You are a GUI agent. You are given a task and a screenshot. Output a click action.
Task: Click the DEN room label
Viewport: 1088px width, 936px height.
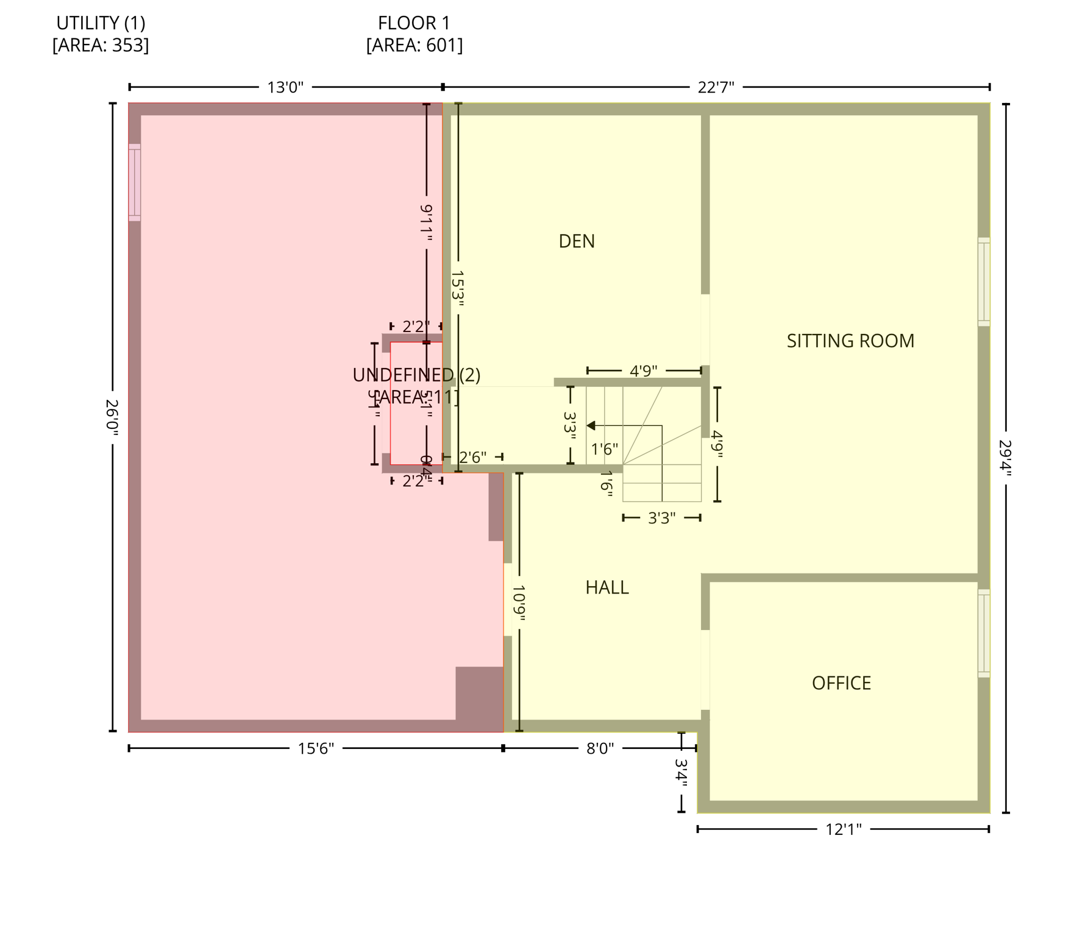tap(576, 241)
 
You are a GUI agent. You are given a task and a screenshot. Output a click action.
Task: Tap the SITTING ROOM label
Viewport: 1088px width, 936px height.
tap(850, 341)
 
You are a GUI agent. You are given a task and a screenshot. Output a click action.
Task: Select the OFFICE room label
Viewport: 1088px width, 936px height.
tap(841, 683)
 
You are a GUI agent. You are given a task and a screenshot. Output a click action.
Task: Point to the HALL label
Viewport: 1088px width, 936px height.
tap(606, 587)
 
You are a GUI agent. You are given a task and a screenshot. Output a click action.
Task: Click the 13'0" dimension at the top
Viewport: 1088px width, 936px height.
tap(285, 88)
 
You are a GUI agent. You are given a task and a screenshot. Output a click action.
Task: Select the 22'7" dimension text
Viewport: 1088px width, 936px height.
tap(716, 88)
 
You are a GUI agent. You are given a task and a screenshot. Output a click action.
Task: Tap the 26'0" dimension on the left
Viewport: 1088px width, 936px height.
tap(112, 417)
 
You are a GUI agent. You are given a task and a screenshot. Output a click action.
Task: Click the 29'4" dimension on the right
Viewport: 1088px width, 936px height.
tap(1006, 458)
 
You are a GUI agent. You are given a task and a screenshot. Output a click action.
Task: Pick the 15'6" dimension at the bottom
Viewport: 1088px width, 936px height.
tap(316, 748)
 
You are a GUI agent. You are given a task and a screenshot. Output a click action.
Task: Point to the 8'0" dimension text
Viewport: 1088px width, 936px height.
tap(600, 748)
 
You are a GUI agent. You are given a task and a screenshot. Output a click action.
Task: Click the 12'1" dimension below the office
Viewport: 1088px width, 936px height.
tap(844, 829)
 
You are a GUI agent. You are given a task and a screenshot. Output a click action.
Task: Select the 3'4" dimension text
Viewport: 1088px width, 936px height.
tap(681, 772)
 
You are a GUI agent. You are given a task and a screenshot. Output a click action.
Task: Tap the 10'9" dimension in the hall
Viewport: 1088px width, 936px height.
tap(519, 603)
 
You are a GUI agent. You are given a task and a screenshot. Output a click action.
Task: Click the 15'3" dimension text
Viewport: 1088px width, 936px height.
tap(458, 286)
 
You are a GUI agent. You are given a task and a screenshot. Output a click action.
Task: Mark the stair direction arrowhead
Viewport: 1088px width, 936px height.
tap(591, 425)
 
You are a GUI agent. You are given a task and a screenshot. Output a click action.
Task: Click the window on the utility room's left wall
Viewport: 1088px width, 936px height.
tap(134, 182)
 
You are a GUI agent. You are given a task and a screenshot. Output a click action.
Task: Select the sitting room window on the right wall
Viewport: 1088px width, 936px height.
tap(984, 282)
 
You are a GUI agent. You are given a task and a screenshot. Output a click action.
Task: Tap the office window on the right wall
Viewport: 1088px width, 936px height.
tap(984, 633)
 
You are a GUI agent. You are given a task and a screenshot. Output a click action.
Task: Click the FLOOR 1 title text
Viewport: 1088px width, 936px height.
tap(414, 23)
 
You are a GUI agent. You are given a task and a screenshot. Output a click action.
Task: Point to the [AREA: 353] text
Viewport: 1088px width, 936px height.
tap(101, 46)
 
